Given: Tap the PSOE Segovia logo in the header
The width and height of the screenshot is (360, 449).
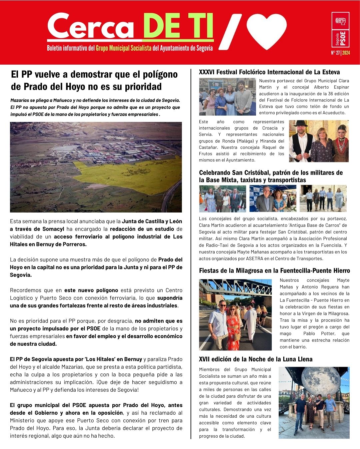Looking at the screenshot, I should click(x=340, y=30).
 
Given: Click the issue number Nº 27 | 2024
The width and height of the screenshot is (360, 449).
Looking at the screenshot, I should click(x=340, y=53).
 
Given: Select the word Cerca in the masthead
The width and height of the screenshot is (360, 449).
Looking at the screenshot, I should click(x=91, y=27).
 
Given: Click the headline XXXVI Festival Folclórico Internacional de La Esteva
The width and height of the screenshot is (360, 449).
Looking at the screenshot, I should click(x=269, y=72).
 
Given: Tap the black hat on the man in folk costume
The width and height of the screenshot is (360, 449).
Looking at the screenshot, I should click(x=300, y=124).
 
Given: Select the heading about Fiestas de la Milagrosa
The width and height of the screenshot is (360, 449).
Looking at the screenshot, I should click(x=274, y=270).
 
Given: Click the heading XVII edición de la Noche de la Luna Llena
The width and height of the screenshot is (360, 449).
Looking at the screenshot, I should click(x=256, y=359).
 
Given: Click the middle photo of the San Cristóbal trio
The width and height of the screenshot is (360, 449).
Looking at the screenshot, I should click(x=273, y=199).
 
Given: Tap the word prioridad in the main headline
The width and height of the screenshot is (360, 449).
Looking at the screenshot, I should click(x=143, y=87).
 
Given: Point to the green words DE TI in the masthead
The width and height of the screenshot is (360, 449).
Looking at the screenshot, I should click(x=178, y=27).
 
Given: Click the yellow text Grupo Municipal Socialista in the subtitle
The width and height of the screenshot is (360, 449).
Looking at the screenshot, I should click(x=124, y=48).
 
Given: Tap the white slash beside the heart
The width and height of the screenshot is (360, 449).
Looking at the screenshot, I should click(x=230, y=32).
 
